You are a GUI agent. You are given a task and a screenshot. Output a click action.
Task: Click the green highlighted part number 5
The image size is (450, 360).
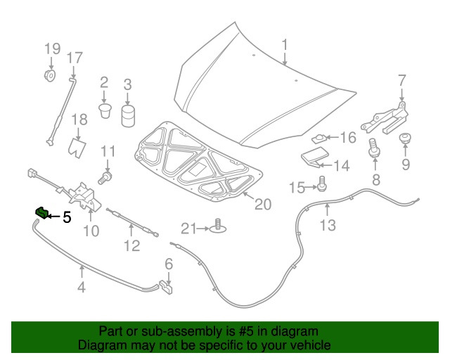pyautogui.click(x=41, y=212)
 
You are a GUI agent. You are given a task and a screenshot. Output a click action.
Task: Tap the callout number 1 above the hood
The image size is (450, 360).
pyautogui.click(x=285, y=46)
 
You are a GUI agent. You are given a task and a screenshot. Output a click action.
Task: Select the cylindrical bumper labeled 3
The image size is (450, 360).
pyautogui.click(x=127, y=115)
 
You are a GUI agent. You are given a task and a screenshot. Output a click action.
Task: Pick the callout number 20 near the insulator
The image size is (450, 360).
pyautogui.click(x=262, y=205)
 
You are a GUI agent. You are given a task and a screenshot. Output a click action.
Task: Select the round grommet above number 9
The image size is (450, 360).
pyautogui.click(x=406, y=139)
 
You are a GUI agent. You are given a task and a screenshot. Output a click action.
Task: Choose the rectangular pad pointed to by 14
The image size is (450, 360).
pyautogui.click(x=313, y=158)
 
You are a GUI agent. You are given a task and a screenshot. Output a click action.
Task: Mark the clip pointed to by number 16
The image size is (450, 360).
pyautogui.click(x=321, y=139)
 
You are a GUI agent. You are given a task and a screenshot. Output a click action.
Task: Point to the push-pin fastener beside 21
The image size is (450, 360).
pyautogui.click(x=219, y=227)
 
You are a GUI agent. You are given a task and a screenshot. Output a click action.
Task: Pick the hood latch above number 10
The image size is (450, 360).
pyautogui.click(x=84, y=194)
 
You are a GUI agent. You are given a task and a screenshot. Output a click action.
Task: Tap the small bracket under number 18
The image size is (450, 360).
pyautogui.click(x=77, y=147)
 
